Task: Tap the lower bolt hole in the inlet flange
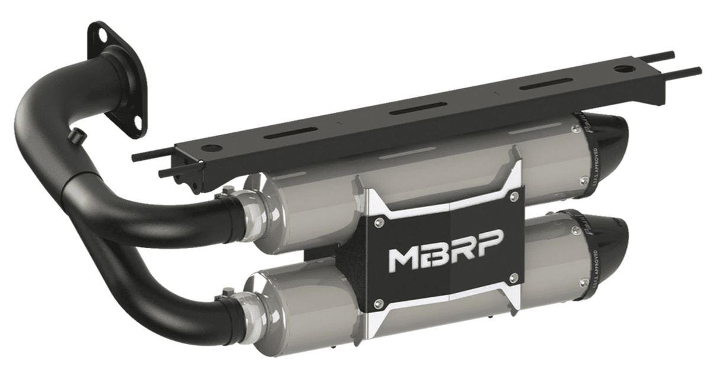pos(138,121)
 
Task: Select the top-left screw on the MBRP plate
pos(379,222)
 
